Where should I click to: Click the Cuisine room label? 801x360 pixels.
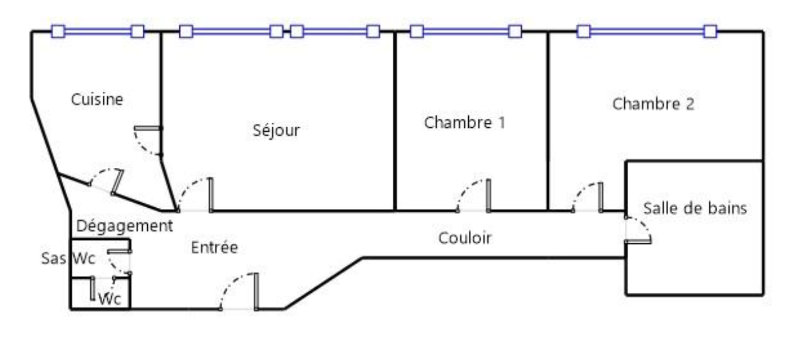[97, 99]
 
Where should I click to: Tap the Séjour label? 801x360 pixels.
[276, 131]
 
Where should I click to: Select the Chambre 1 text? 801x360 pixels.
[464, 122]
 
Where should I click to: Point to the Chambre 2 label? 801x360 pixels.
[653, 104]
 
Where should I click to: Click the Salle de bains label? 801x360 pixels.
[695, 208]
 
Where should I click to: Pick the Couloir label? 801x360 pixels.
[465, 238]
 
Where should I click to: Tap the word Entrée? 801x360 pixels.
[214, 247]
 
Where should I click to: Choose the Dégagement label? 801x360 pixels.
[124, 226]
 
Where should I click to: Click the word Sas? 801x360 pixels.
[54, 258]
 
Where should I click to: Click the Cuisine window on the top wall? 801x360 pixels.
[98, 32]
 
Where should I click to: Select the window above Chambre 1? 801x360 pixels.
[466, 32]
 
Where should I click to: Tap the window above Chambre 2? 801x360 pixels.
[647, 32]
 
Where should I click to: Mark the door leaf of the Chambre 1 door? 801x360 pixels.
[488, 195]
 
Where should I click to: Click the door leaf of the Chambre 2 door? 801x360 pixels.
[600, 197]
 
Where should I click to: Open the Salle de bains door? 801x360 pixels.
[638, 241]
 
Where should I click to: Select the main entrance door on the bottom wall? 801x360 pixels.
[256, 291]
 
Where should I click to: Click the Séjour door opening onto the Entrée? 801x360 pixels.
[211, 194]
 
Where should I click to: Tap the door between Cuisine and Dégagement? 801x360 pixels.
[117, 182]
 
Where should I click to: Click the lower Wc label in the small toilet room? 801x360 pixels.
[110, 299]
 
